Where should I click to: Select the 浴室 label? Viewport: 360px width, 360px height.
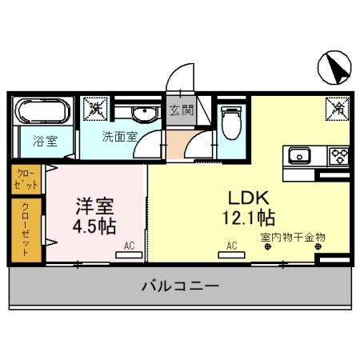click(45, 142)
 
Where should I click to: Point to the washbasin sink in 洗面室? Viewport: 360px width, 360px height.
click(145, 113)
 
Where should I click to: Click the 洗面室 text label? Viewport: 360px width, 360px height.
click(120, 136)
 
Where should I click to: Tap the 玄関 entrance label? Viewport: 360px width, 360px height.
click(181, 110)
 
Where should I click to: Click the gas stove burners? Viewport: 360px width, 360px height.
click(336, 155)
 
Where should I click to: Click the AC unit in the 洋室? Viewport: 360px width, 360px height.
click(126, 254)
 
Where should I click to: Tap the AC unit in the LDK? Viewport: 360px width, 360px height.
click(231, 254)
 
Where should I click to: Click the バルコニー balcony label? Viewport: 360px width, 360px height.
click(180, 286)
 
